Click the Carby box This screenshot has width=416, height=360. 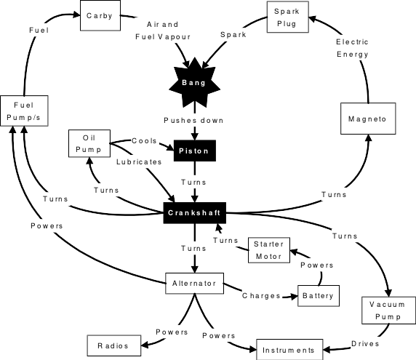[100, 16]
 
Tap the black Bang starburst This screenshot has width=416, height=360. [193, 83]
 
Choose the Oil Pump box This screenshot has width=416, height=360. [88, 143]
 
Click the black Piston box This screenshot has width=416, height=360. [193, 151]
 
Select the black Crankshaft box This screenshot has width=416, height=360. [193, 212]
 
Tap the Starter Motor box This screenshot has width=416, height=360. [268, 250]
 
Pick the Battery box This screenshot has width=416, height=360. [318, 295]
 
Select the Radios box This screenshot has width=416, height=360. [112, 345]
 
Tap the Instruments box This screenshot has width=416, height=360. [289, 350]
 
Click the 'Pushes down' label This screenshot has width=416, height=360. [193, 119]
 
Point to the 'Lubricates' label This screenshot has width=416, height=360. [139, 161]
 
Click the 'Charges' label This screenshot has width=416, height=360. [260, 296]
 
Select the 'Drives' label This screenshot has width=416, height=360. [365, 343]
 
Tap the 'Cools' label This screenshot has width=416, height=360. [143, 140]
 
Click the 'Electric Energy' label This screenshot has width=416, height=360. [352, 48]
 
